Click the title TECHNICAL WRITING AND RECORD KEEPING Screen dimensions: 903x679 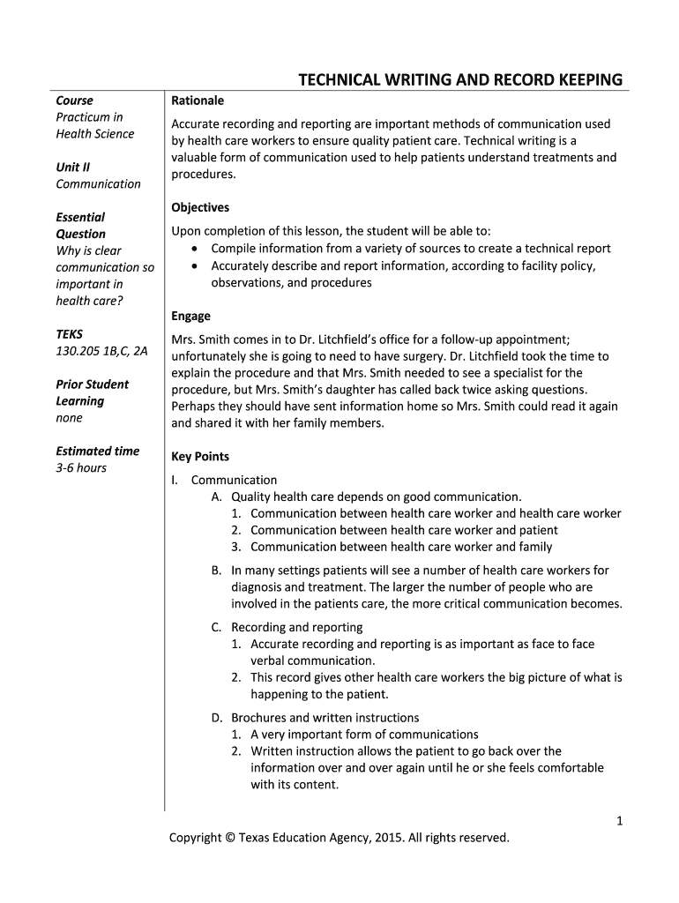click(x=459, y=81)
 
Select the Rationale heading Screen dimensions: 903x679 click(x=198, y=101)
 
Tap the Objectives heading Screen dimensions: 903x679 click(x=200, y=207)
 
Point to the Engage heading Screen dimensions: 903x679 click(x=190, y=316)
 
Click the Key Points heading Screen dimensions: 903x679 click(x=200, y=457)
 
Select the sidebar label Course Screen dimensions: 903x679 click(x=74, y=101)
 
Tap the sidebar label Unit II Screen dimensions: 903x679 click(x=73, y=167)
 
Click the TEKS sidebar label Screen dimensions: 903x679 click(x=69, y=334)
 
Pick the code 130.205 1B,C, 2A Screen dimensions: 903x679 click(x=101, y=351)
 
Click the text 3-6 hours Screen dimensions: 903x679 click(x=81, y=467)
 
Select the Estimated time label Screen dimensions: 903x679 click(x=98, y=451)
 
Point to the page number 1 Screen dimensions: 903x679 click(x=619, y=821)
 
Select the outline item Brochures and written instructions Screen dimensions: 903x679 click(x=325, y=718)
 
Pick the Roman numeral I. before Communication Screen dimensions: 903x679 click(x=175, y=481)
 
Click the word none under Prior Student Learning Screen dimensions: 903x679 click(x=69, y=418)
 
